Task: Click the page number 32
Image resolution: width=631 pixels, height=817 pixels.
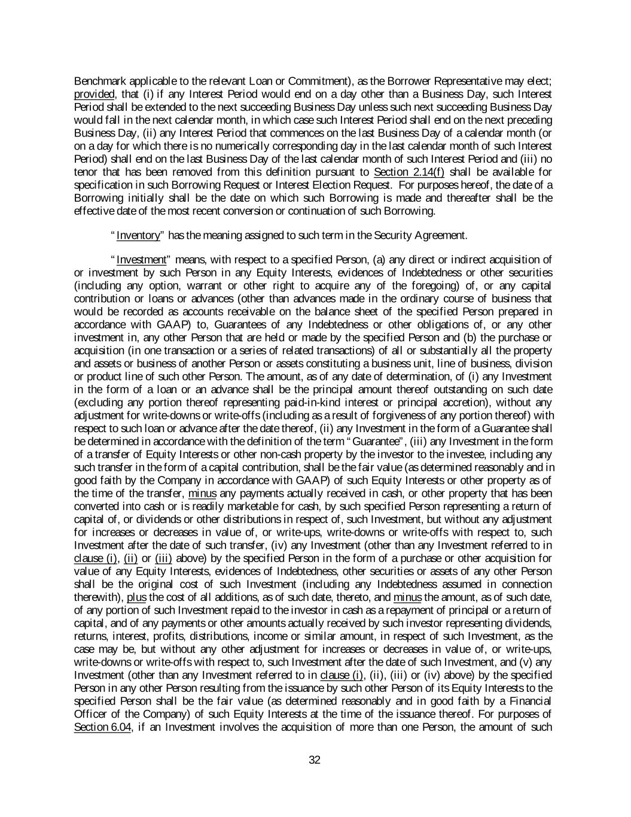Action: click(x=315, y=760)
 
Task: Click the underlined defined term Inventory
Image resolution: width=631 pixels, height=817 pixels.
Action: click(x=139, y=235)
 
